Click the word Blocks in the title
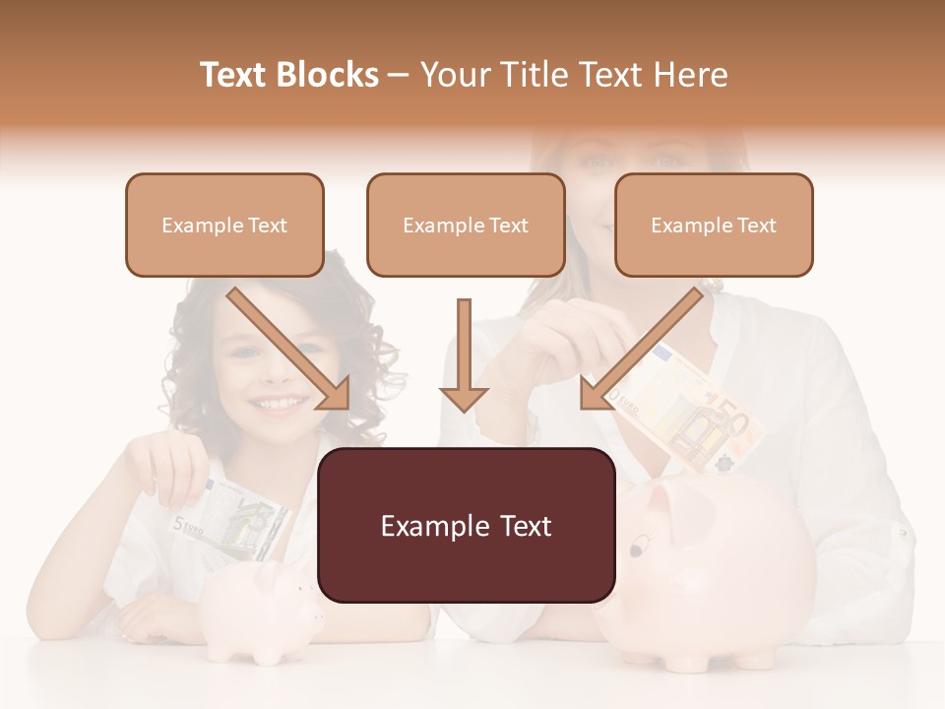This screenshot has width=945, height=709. (x=328, y=75)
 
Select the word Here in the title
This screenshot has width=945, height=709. (x=690, y=75)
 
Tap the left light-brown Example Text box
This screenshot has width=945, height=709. (x=224, y=225)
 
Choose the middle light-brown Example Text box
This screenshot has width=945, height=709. (x=466, y=225)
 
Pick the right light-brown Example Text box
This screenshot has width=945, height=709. (x=714, y=225)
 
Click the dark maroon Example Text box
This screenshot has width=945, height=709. (x=466, y=526)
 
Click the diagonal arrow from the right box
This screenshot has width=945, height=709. (x=640, y=348)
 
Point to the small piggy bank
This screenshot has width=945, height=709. (x=261, y=611)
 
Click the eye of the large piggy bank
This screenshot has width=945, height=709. (x=642, y=541)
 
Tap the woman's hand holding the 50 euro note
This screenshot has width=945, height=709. (x=551, y=340)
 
